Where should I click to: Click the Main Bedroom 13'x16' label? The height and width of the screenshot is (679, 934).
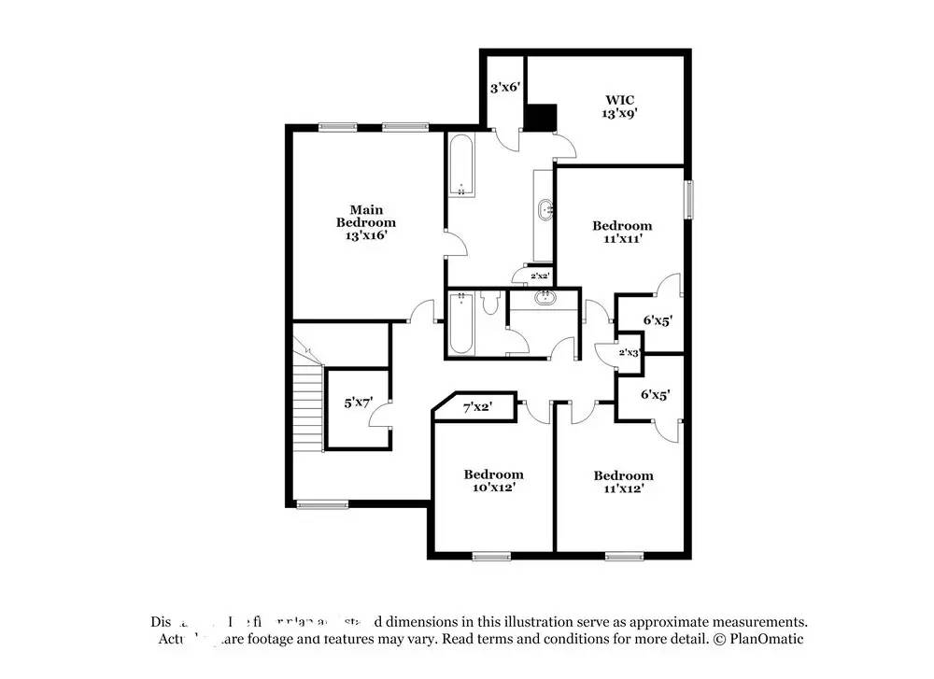point(366,223)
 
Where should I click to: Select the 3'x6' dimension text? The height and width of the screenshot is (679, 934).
point(504,88)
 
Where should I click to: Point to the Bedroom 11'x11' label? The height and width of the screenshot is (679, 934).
point(623,232)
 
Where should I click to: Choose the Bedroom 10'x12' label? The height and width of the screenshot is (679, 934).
point(494,481)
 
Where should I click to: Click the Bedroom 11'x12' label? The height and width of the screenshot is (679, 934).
point(623,482)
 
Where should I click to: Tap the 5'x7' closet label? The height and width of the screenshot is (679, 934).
point(359,403)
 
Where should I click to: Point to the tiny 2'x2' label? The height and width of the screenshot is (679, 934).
point(540,276)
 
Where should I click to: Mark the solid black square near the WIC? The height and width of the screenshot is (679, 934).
point(540,117)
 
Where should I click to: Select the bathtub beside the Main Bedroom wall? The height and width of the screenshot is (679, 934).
point(460,166)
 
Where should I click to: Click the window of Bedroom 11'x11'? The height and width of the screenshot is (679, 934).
point(690,198)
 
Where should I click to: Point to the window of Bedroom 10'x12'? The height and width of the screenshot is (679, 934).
point(491,557)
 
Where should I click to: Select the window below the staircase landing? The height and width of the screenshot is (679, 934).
point(322,505)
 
